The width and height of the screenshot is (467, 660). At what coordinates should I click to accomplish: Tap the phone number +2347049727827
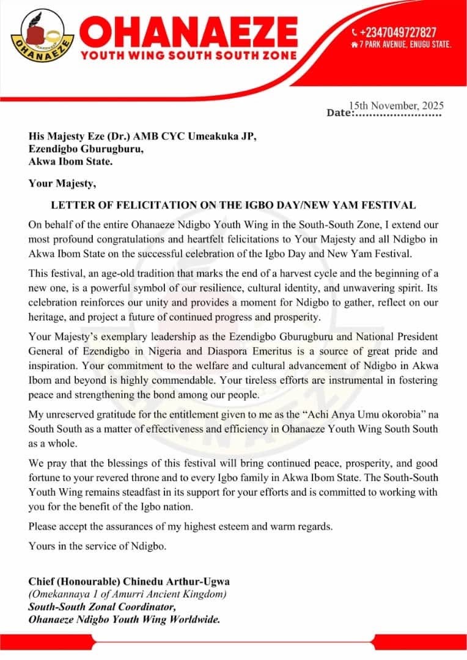click(x=398, y=32)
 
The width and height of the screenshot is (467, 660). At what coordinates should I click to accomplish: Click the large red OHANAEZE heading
click(x=189, y=31)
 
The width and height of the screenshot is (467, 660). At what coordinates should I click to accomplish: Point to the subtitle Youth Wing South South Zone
click(x=189, y=55)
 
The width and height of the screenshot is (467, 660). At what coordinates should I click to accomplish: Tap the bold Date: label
click(x=340, y=113)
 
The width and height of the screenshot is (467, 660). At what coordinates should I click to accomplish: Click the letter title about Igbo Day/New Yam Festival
click(x=233, y=205)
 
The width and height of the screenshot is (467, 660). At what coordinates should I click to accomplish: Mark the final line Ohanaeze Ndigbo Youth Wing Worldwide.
click(x=124, y=620)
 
